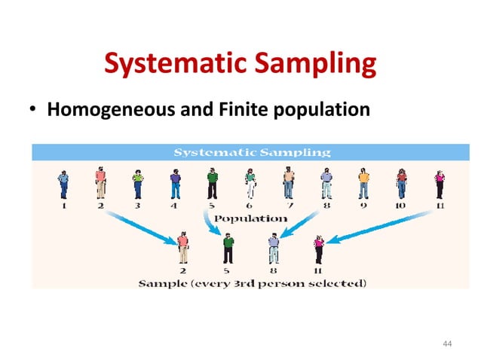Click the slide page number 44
click(448, 343)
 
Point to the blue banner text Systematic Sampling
click(252, 151)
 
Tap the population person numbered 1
click(63, 184)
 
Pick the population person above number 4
click(176, 184)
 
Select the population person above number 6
click(250, 184)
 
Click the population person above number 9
click(363, 184)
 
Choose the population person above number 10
click(402, 184)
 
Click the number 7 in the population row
click(288, 205)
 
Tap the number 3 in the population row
click(137, 205)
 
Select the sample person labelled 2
click(182, 247)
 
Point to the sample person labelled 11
click(319, 248)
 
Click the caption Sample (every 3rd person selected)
click(252, 283)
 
